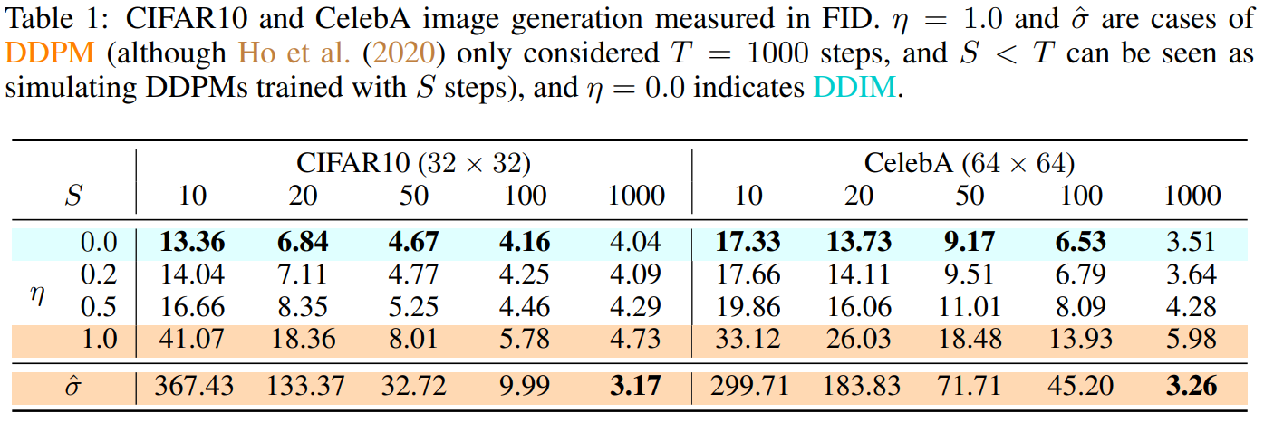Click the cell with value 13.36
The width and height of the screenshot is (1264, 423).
tap(192, 242)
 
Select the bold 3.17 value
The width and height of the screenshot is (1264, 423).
tap(636, 387)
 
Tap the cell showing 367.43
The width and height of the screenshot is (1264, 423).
tap(192, 387)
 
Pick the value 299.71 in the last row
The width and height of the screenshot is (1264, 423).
tap(748, 387)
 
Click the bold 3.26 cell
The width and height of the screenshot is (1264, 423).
tap(1191, 387)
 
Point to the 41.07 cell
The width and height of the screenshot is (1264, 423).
tap(192, 340)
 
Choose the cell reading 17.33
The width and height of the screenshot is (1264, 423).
tap(748, 242)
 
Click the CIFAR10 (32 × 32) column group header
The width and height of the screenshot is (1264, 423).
tap(413, 163)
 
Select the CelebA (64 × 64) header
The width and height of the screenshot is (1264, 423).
tap(969, 163)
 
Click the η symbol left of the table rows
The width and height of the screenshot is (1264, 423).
tap(39, 293)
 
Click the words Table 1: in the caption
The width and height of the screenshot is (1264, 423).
tap(45, 17)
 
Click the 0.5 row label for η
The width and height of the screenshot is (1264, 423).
tap(99, 307)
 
